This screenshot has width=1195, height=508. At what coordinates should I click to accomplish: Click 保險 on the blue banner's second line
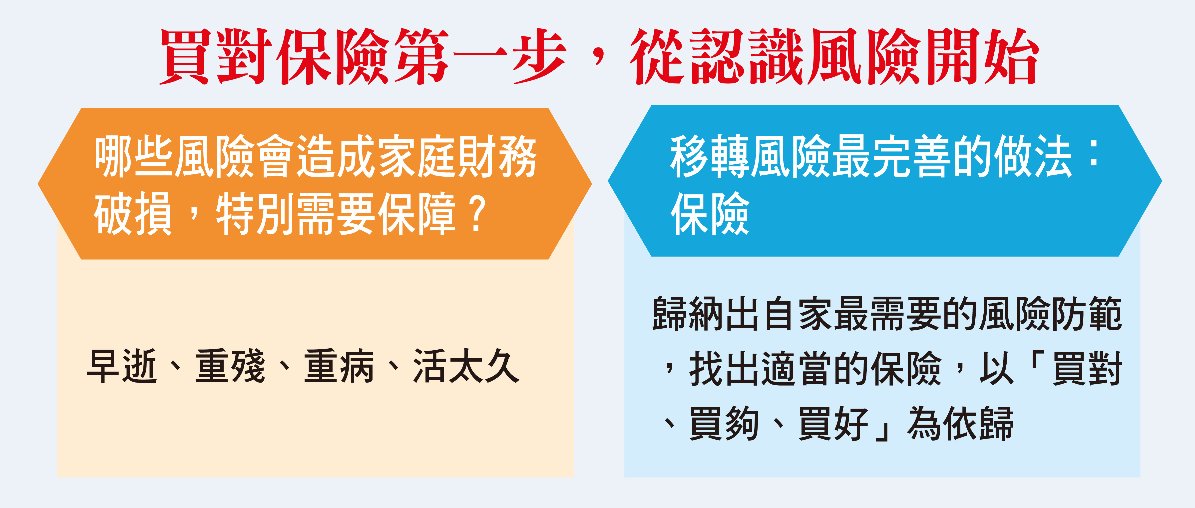710,213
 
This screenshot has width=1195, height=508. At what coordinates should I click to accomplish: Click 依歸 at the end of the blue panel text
979,423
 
